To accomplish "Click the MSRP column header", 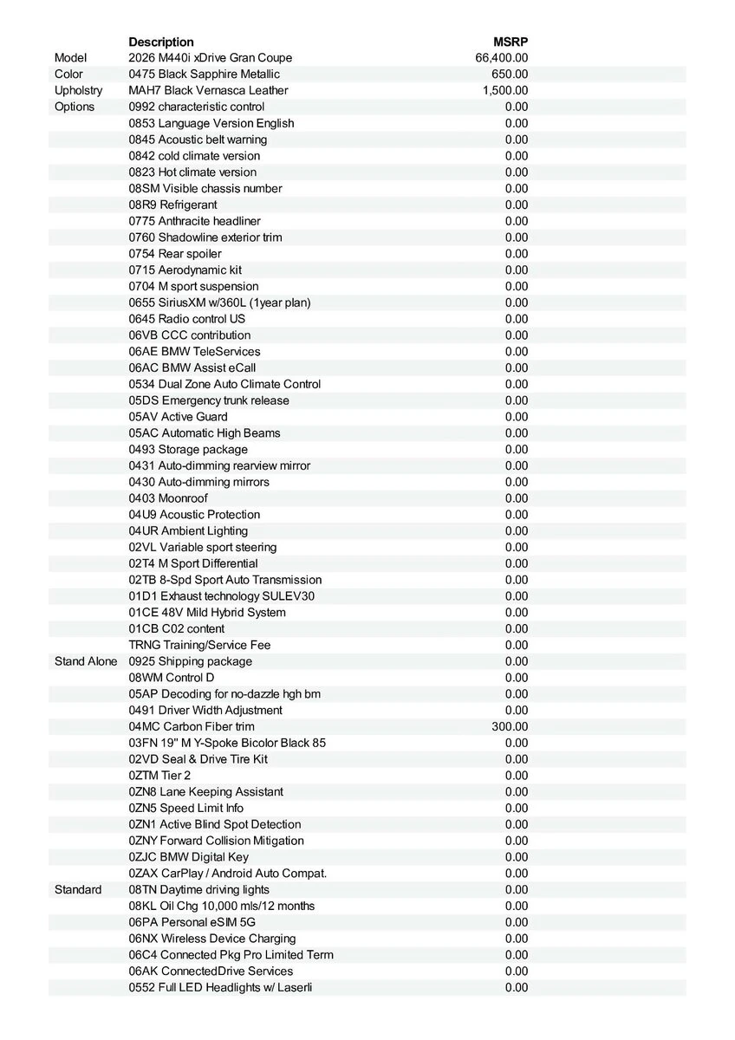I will pos(511,42).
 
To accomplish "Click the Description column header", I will pos(161,42).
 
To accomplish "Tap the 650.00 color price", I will pos(510,75).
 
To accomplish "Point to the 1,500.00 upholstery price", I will pos(505,90).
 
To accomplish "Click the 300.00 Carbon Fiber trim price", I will pos(510,726).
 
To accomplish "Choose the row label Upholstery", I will pos(78,90).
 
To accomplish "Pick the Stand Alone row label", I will pos(86,661).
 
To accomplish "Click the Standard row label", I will pos(78,889).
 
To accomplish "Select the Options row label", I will pos(75,107).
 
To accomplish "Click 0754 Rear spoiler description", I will pos(175,254).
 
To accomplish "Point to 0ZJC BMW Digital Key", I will pos(188,857).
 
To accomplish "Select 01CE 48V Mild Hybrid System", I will pos(207,613).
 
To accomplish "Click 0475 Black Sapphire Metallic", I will pos(204,75).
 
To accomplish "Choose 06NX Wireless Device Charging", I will pos(212,939).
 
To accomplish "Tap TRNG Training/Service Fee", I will pos(199,645).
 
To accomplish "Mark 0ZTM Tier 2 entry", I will pos(159,776).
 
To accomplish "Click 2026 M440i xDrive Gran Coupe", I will pos(218,58).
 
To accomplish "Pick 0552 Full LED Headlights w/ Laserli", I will pos(220,987).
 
